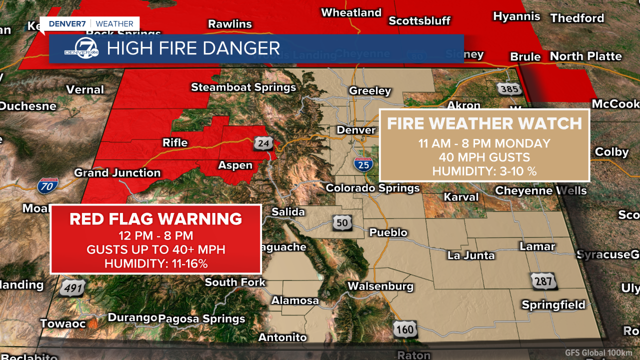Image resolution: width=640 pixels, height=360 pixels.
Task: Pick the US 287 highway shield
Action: [x=543, y=281]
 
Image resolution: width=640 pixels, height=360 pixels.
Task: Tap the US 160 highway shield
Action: [x=403, y=329]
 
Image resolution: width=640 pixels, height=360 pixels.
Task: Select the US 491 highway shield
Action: [x=72, y=288]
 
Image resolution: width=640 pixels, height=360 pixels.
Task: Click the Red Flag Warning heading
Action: [x=155, y=219]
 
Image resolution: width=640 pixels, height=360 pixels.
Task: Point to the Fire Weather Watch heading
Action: [x=484, y=123]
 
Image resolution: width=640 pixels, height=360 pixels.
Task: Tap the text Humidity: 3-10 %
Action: [x=484, y=171]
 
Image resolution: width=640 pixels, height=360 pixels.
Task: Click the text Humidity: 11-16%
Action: [x=155, y=263]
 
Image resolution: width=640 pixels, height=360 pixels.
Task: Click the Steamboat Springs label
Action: [x=243, y=87]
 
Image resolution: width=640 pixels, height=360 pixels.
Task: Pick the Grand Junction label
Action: [x=117, y=173]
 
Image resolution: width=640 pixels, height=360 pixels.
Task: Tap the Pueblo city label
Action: [x=388, y=232]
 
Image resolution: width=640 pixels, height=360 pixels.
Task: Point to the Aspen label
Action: [x=235, y=165]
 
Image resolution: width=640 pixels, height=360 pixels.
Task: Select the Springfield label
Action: [x=553, y=304]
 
